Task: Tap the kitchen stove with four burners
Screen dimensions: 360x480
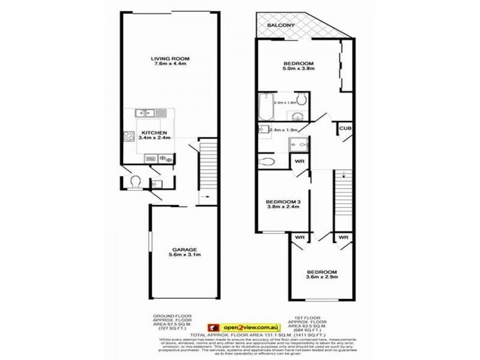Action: click(127, 136)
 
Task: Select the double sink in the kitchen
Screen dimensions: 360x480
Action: click(146, 112)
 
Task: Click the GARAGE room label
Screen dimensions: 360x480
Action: click(185, 250)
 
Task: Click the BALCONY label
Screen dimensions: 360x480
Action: click(281, 26)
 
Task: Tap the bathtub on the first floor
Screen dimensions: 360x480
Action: click(265, 106)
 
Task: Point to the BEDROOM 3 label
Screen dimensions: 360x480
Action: click(283, 201)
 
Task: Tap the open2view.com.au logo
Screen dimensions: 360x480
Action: click(238, 326)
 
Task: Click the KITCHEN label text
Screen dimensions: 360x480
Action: click(154, 132)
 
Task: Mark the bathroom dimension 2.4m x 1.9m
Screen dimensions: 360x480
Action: click(284, 130)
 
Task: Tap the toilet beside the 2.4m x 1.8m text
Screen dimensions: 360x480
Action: click(302, 99)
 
